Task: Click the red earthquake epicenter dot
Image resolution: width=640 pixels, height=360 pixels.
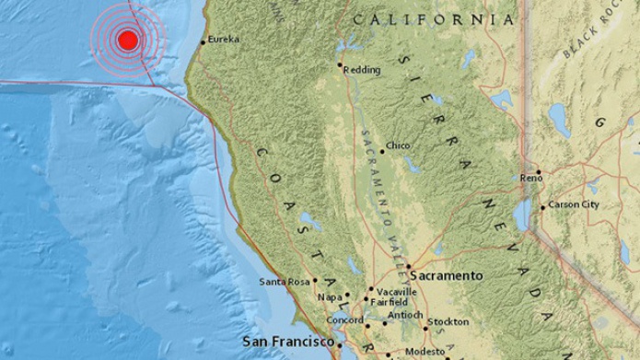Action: pyautogui.click(x=128, y=40)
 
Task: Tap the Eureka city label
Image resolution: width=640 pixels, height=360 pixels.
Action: pyautogui.click(x=224, y=40)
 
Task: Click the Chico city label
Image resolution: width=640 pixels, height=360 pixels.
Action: pyautogui.click(x=399, y=146)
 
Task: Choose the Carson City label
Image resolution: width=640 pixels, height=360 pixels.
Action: pyautogui.click(x=574, y=204)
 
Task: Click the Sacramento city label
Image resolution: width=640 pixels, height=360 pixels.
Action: pyautogui.click(x=447, y=275)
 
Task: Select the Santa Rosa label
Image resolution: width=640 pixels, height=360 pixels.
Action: pyautogui.click(x=283, y=281)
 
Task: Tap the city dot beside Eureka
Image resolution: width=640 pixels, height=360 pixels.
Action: pyautogui.click(x=203, y=41)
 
